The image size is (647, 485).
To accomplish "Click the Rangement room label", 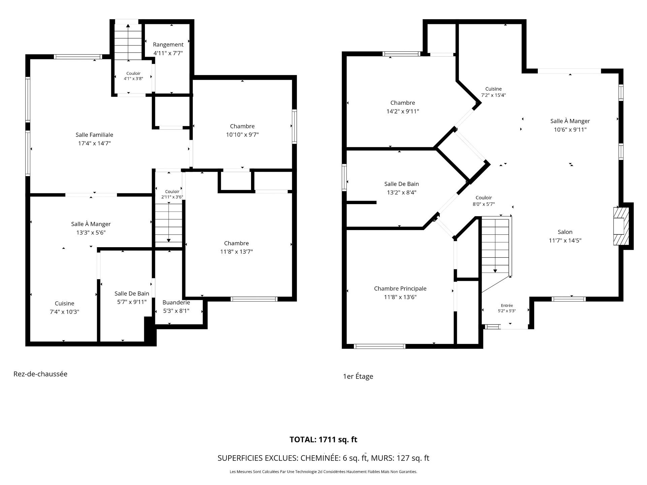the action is (x=168, y=44).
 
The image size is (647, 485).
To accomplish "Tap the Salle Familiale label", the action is (x=94, y=135).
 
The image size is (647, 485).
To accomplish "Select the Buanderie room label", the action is (x=176, y=302).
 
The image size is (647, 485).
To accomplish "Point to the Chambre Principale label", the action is (x=400, y=289).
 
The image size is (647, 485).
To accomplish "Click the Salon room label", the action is (x=565, y=232).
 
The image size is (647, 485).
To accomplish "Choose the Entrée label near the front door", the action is (x=507, y=305).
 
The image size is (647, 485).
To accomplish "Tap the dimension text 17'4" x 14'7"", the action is (x=94, y=143).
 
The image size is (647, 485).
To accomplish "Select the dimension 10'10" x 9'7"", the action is (x=242, y=135).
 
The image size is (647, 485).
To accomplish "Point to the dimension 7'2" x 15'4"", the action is (x=493, y=95).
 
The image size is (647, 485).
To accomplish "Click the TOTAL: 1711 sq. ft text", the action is (x=323, y=440).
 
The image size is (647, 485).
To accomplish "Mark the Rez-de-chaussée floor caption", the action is (x=40, y=374).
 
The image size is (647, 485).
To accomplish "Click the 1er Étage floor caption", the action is (x=358, y=376).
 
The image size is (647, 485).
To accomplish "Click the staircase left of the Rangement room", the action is (x=128, y=42).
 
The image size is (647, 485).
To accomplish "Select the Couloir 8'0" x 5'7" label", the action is (x=484, y=201).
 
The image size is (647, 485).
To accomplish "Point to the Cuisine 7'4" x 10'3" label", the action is (x=64, y=308).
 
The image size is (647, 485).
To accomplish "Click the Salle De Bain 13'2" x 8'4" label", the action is (x=402, y=188).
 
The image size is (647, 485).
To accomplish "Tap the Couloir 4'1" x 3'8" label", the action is (x=133, y=76).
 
